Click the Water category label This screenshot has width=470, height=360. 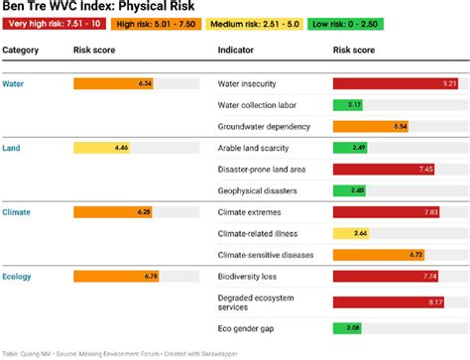tap(14, 83)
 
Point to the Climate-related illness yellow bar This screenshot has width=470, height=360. tap(352, 234)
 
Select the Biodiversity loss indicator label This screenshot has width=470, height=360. tap(249, 276)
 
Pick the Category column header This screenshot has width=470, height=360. tap(21, 50)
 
